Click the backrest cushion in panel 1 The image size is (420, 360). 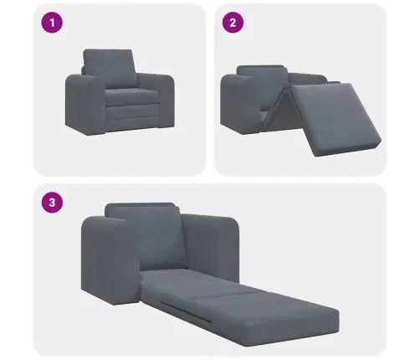coord(110,64)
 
